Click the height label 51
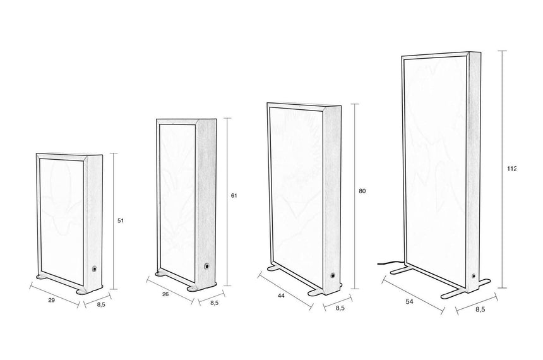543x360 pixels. pos(120,220)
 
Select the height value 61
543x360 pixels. pos(234,195)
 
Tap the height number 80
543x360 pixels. pos(362,191)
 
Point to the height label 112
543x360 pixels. pos(511,169)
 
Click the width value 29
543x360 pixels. pos(51,300)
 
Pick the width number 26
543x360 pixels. pos(165,294)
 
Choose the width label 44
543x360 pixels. pos(281,296)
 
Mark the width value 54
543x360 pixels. pos(409,302)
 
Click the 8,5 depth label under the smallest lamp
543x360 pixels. pos(101,304)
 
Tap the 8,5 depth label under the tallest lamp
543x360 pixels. pos(480,309)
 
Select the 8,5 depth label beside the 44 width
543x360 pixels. pos(340,308)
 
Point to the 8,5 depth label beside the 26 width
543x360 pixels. pos(215,303)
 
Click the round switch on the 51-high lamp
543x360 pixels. pos(94,268)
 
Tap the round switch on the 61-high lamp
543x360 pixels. pos(207,266)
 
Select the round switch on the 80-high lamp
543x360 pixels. pos(333,276)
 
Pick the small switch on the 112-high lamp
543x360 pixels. pos(473,276)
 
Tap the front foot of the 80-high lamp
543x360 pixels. pos(316,292)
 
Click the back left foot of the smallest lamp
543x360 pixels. pos(44,277)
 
